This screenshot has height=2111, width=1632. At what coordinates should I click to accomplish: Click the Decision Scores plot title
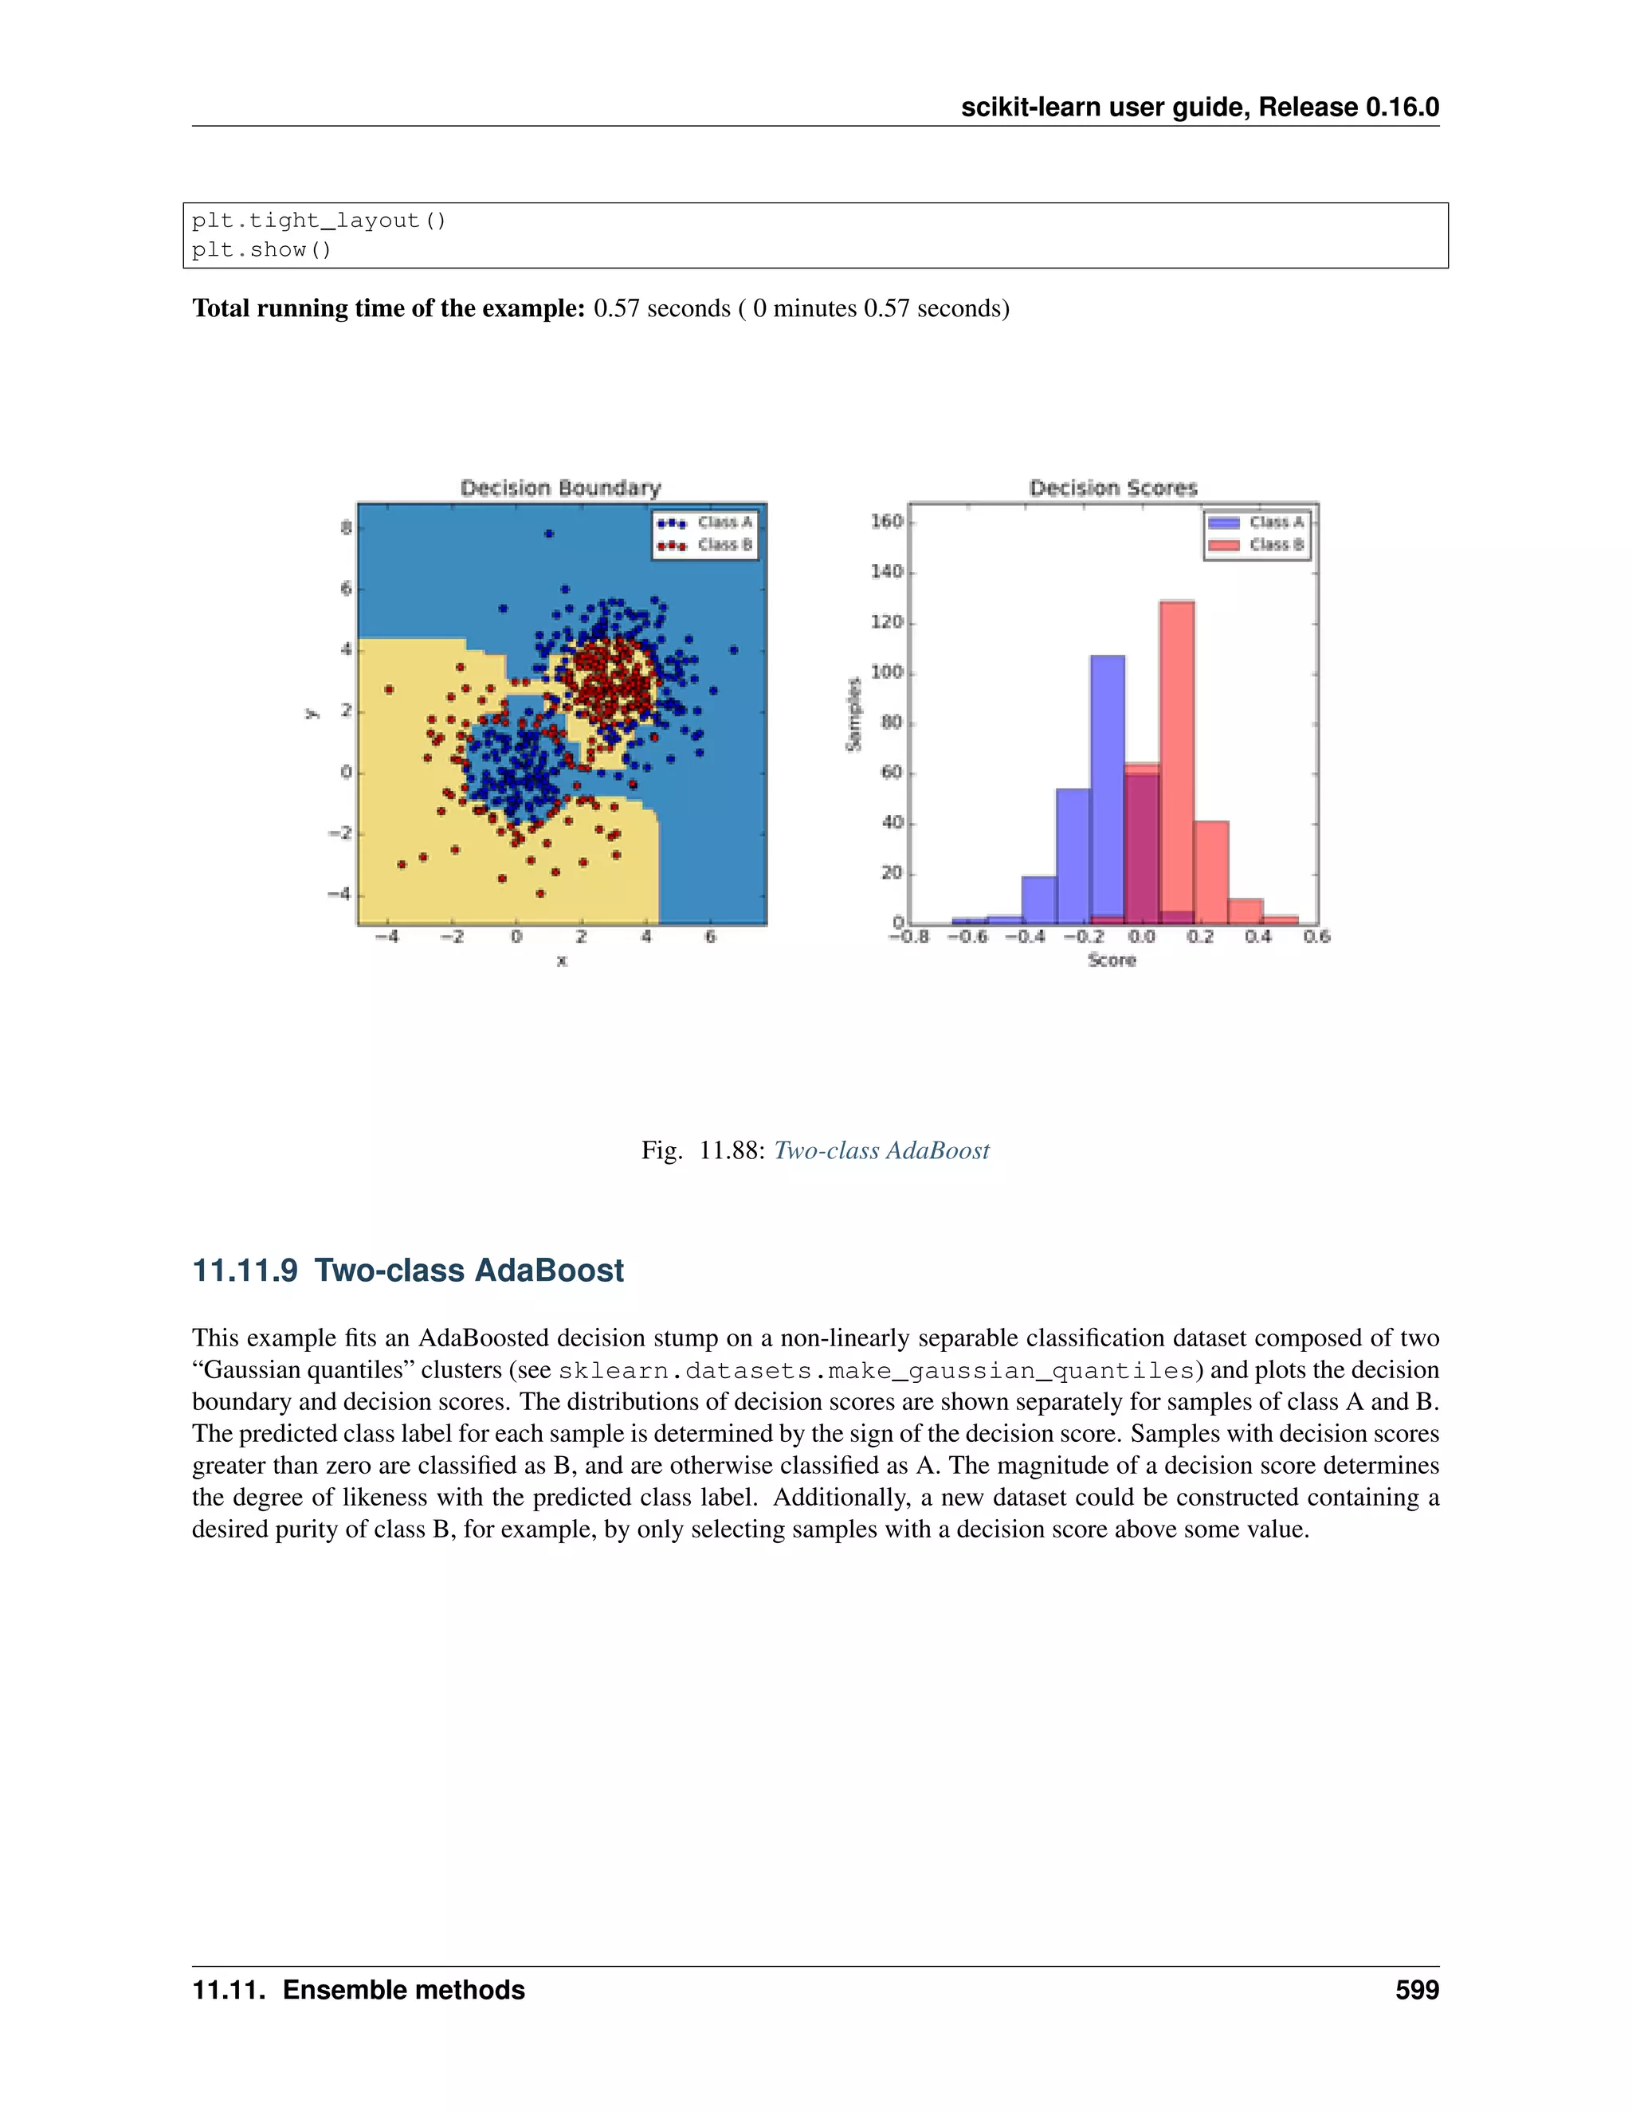1112,488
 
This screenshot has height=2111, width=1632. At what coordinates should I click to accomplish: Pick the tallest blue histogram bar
1107,788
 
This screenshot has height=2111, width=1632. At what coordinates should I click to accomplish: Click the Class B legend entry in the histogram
1257,545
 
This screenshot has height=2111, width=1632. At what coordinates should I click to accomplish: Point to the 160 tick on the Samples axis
887,522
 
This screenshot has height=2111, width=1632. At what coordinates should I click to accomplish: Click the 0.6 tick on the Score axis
1316,937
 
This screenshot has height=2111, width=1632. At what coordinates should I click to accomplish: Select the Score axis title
1112,960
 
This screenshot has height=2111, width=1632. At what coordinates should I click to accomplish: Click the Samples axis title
853,715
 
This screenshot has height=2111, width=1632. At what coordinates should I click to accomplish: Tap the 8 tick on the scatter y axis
345,527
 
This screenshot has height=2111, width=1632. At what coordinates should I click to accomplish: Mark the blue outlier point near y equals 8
549,534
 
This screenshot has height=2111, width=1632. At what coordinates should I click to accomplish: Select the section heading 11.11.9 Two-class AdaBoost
408,1269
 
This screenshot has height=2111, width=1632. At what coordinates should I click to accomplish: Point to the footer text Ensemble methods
403,1989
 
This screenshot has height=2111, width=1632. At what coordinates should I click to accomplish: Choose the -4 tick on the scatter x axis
386,937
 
